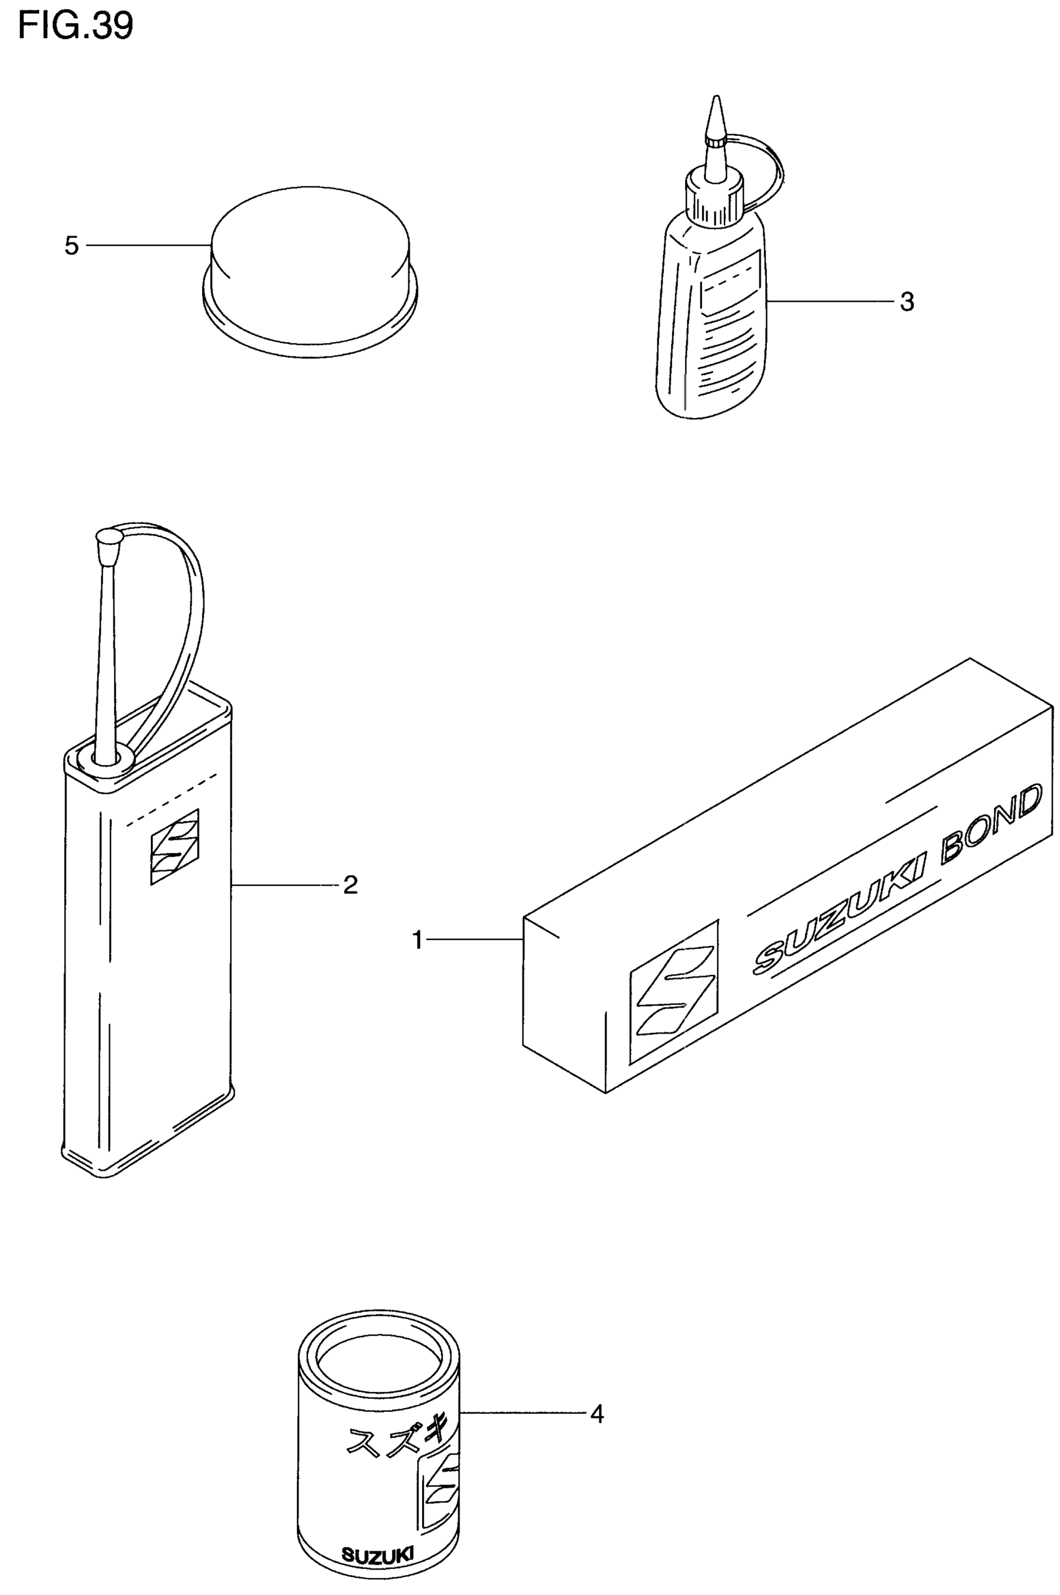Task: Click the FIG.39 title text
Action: (75, 26)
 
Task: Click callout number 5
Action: (72, 246)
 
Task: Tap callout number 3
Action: (907, 302)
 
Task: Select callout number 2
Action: (350, 884)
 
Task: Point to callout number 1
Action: (418, 940)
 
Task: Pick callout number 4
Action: (596, 1414)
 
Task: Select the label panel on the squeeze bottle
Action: (732, 283)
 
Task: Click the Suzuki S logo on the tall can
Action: (175, 847)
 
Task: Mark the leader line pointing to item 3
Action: (832, 302)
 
